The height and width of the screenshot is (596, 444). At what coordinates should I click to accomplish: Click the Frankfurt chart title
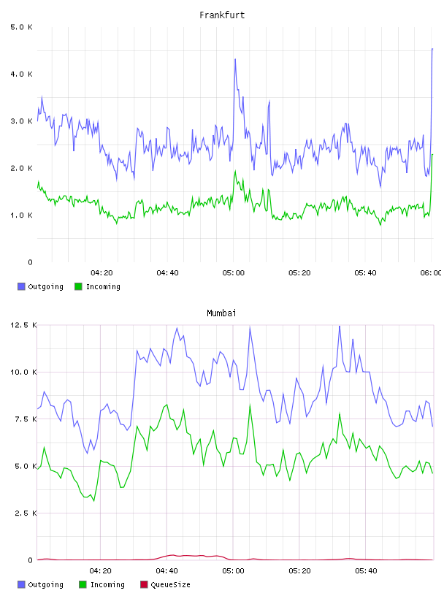click(222, 15)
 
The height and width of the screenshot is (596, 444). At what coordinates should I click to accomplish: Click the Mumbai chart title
click(221, 313)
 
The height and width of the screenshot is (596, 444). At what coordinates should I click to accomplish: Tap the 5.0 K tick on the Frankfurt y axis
click(22, 27)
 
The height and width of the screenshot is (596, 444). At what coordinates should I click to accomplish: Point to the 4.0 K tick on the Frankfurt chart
click(22, 74)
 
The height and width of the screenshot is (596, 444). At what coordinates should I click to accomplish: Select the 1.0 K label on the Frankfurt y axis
click(22, 215)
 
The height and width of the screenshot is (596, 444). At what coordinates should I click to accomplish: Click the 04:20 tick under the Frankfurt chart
click(102, 273)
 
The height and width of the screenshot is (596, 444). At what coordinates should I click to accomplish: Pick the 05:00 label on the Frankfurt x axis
click(234, 273)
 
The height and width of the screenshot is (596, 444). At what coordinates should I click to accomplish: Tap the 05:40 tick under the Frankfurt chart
click(365, 273)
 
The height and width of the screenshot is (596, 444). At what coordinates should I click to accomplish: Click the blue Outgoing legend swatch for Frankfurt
click(21, 286)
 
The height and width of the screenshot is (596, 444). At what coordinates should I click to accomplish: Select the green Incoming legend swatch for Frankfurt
click(78, 286)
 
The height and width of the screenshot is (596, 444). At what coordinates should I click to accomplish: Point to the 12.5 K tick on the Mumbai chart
click(23, 325)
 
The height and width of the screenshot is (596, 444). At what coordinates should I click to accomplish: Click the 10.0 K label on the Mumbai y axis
click(23, 372)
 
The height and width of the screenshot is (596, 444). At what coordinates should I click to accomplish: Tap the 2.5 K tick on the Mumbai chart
click(26, 513)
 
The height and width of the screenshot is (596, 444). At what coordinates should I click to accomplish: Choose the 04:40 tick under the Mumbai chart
click(167, 571)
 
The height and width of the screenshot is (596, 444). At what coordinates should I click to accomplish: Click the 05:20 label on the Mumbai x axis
click(299, 571)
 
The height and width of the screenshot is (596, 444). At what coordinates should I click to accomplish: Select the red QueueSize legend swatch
click(144, 584)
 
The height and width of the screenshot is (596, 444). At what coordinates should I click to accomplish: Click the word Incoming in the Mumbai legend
click(107, 585)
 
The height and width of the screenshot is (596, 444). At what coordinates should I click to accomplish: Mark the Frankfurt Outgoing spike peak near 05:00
click(235, 59)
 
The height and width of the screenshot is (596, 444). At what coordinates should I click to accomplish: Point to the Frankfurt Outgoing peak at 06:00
click(432, 49)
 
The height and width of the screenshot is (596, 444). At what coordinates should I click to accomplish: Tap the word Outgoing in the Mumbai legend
click(45, 585)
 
